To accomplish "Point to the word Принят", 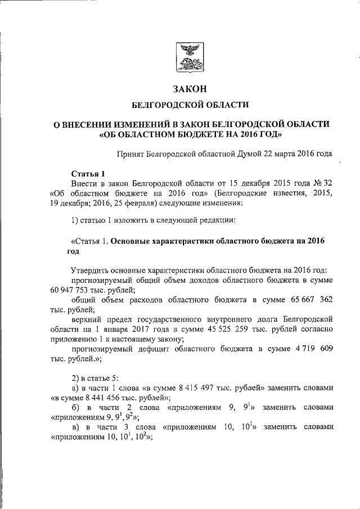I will tap(130, 152).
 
